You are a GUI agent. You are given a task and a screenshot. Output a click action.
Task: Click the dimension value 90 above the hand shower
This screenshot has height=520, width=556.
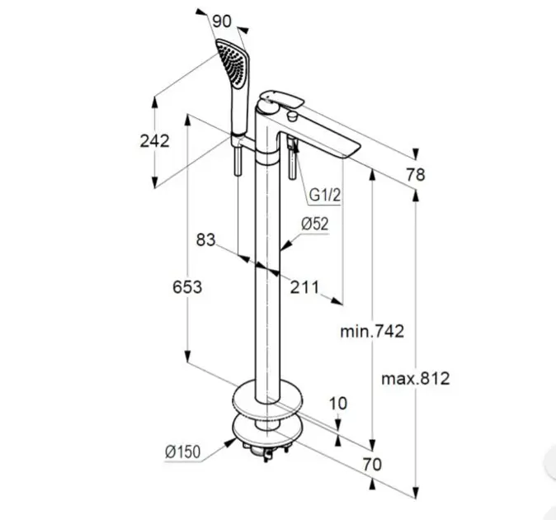pos(222,21)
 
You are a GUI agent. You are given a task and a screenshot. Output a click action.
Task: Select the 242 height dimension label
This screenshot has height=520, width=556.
pos(154,141)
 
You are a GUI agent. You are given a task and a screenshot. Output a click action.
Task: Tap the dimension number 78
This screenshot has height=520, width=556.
pos(416,175)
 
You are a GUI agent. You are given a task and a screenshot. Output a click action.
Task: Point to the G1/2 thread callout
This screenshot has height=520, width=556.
pos(325,195)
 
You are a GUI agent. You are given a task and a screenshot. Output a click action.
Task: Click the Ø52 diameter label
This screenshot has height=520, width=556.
pos(315,225)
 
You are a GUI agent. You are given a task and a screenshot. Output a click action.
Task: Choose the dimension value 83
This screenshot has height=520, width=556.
pos(205,240)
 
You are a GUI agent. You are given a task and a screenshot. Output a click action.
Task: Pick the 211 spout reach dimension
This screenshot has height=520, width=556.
pos(304,287)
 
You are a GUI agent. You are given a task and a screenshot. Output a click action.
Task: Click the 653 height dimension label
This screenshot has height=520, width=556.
pos(187,286)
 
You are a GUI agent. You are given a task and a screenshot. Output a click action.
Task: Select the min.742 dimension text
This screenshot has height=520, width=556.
pos(372,332)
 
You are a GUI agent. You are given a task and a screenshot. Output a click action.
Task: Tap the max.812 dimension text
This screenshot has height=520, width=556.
pos(415,379)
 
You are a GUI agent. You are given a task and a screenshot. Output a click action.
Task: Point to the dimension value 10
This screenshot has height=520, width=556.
pos(338,404)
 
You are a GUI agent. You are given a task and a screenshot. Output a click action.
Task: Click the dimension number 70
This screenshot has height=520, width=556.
pos(372,465)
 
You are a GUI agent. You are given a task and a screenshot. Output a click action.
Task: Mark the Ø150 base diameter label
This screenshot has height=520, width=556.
pos(182,451)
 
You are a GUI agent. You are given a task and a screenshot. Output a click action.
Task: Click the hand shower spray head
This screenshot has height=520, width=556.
pos(233,64)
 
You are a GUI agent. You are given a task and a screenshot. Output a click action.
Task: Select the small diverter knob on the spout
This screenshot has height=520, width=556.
pos(293,116)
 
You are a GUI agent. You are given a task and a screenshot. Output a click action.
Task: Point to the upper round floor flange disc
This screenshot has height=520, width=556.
pos(268,398)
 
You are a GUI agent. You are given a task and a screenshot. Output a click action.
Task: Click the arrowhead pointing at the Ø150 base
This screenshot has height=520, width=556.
pos(231,442)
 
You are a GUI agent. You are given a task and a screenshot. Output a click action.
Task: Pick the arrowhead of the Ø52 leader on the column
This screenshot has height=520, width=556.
pos(285,245)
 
